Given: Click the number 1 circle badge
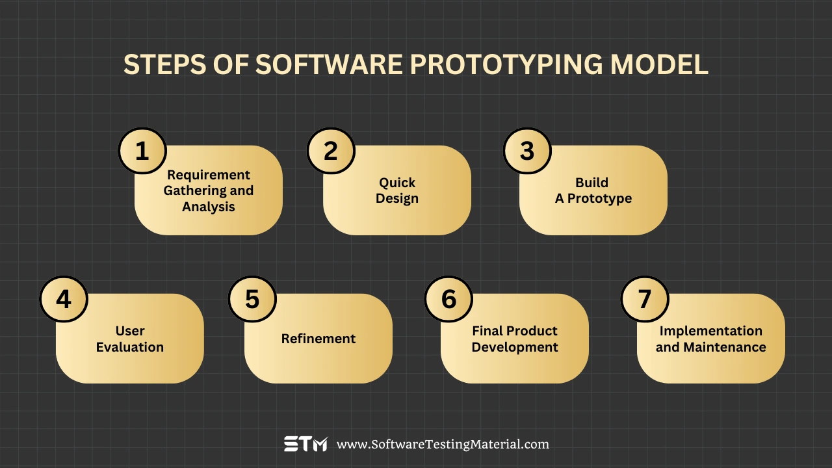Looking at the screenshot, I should pos(142,151).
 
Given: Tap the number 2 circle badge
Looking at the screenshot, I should pos(331,151).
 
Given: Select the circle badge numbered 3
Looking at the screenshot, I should pos(527,151).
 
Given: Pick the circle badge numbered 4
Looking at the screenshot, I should pos(64,299).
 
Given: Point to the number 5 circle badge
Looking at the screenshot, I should pos(252,299).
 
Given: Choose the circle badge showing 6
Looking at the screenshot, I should pos(448,299).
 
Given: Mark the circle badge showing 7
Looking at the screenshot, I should pos(645,299).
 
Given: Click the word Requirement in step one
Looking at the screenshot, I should pos(209,175).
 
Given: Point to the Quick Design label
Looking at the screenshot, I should pos(397,190).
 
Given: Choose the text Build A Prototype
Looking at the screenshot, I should pos(593,190).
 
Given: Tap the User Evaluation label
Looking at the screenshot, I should pos(130,339).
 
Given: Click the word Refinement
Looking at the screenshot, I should pos(318,339).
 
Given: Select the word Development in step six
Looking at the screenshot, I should pos(515,347).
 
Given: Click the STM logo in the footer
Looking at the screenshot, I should pos(305,445).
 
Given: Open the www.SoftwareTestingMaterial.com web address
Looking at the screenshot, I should pos(443,445).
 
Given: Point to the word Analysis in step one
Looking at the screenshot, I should pos(209,207).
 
